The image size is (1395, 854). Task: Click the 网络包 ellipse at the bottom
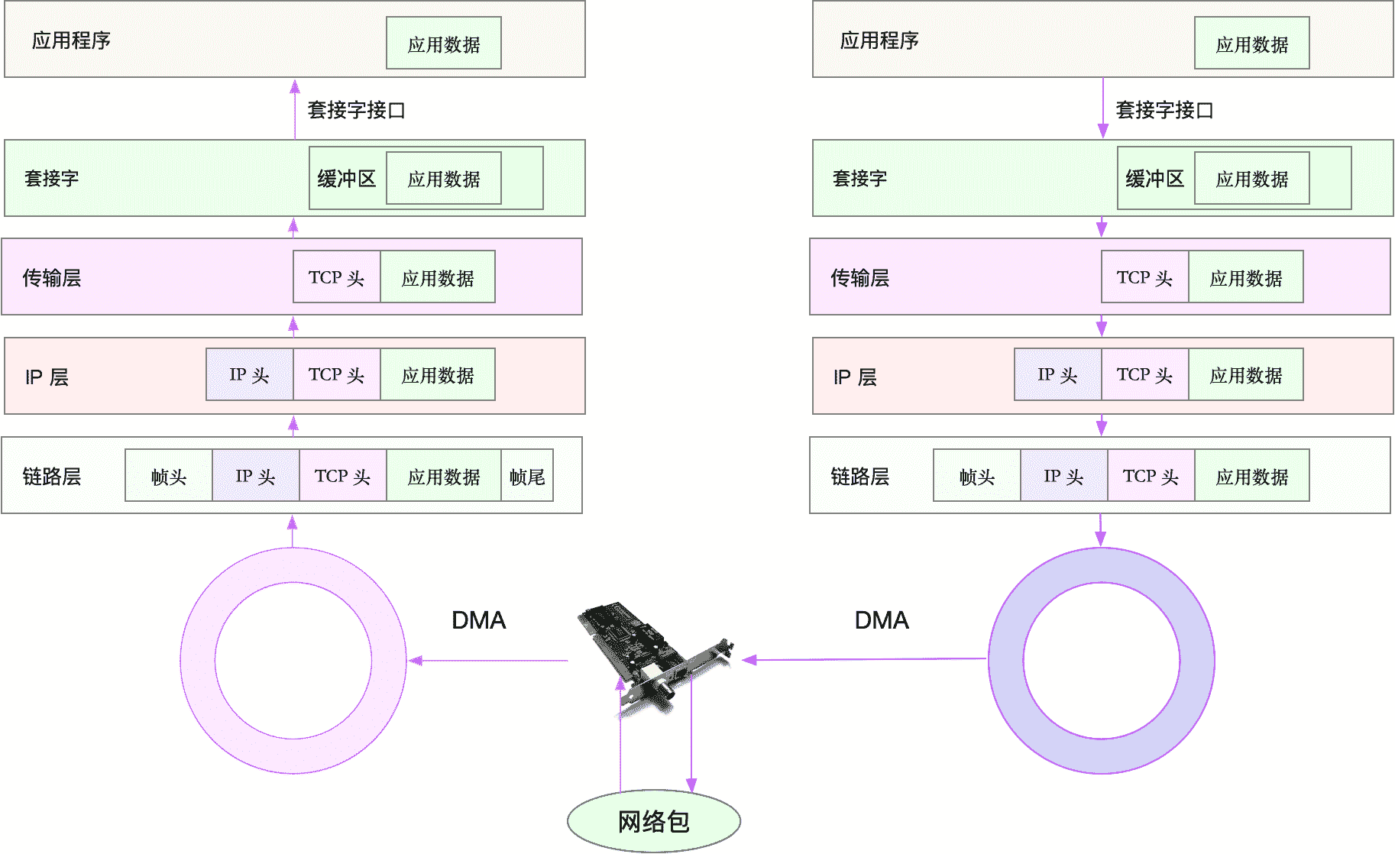coord(653,821)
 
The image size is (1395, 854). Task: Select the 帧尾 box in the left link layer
coord(527,476)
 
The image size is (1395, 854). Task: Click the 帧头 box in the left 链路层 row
coord(169,476)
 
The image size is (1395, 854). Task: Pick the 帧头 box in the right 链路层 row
coord(977,476)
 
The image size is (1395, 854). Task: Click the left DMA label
coord(478,619)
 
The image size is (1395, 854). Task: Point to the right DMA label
coord(882,619)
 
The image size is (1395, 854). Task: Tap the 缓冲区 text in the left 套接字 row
coord(347,179)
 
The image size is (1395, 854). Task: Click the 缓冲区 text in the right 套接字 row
coord(1154,179)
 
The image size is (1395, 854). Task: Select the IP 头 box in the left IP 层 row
coord(250,375)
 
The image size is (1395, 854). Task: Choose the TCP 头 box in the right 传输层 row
coord(1144,277)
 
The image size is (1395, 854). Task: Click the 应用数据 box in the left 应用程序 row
coord(444,44)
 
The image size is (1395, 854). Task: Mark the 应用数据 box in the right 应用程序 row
coord(1252,44)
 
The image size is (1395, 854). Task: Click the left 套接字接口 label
coord(357,110)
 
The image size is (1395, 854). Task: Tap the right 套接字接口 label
coord(1164,110)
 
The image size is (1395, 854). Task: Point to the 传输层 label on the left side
coord(52,277)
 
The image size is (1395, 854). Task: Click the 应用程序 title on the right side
coord(879,40)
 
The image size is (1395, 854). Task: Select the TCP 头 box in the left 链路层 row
coord(343,476)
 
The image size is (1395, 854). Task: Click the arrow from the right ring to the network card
coord(863,659)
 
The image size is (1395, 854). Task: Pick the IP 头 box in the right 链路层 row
coord(1064,476)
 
